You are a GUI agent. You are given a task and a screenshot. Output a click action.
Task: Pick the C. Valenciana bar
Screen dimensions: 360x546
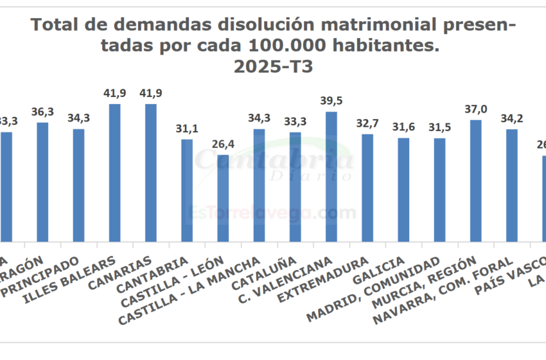pyautogui.click(x=331, y=176)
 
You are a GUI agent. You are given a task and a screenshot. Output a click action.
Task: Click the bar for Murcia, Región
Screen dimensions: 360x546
pyautogui.click(x=476, y=180)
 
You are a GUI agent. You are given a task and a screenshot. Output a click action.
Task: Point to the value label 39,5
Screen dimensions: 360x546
pyautogui.click(x=331, y=101)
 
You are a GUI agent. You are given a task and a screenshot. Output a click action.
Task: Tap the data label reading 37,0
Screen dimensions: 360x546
pyautogui.click(x=476, y=109)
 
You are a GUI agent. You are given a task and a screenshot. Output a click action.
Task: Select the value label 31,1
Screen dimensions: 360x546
pyautogui.click(x=187, y=128)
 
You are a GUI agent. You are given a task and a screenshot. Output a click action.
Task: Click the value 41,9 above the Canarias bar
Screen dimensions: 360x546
pyautogui.click(x=151, y=93)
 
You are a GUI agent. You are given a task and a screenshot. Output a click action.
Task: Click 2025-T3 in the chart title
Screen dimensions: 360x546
pyautogui.click(x=273, y=67)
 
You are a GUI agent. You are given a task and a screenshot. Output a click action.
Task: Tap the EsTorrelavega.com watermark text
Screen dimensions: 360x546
pyautogui.click(x=273, y=212)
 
